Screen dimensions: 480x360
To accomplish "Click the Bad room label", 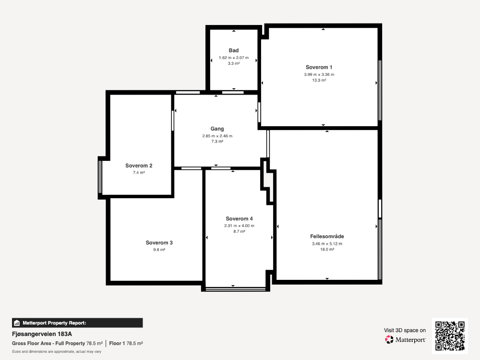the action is [234, 50].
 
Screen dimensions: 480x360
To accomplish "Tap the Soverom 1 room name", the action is [319, 67].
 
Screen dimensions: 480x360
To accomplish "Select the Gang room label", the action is [217, 129].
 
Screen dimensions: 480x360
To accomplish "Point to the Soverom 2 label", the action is [139, 166].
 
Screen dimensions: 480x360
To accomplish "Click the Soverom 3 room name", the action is [159, 243].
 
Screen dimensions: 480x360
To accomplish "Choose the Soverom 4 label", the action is [240, 218].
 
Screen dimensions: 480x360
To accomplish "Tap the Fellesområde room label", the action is [327, 236].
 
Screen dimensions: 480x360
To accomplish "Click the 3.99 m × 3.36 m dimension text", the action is [319, 74].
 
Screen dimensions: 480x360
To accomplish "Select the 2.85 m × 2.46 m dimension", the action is [217, 136].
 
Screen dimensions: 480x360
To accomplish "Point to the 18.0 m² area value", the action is [327, 250].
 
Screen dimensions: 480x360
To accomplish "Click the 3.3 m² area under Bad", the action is [234, 63].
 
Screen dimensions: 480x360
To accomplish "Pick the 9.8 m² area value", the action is [159, 250].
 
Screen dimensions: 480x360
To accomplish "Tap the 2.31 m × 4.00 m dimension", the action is [240, 226].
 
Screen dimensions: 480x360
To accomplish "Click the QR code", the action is [450, 336].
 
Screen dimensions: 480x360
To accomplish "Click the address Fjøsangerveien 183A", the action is [42, 334].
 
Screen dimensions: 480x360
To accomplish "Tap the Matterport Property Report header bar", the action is [77, 323].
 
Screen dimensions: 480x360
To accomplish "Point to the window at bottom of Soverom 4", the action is [235, 288].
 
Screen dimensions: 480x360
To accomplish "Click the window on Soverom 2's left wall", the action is [100, 177].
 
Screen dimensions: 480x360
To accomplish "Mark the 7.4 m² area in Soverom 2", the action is [139, 173].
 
